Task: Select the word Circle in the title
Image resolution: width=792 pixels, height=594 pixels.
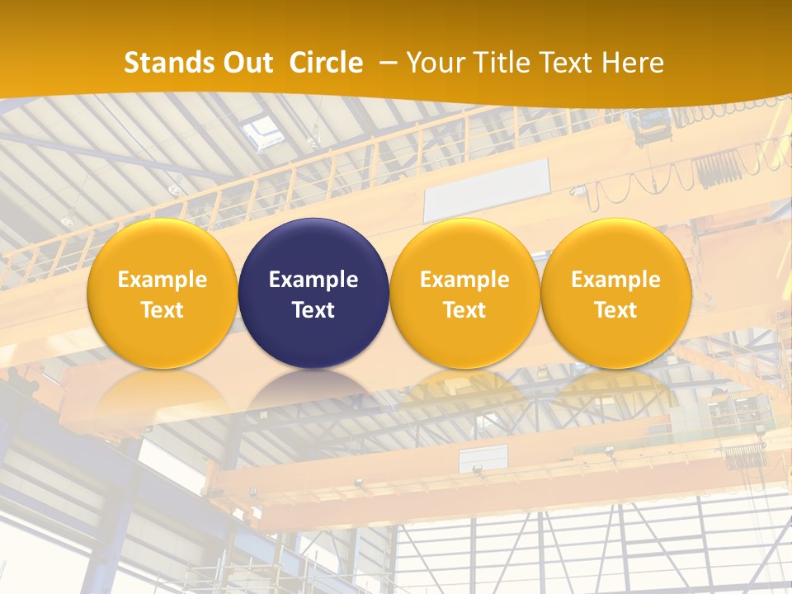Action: coord(326,63)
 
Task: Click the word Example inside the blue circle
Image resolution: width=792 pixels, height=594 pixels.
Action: coord(313,280)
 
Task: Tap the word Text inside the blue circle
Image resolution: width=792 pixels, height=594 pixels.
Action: coord(313,310)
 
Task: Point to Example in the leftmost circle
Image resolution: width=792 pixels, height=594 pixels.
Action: coord(162,280)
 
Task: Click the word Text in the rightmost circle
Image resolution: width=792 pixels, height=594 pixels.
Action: coord(615,310)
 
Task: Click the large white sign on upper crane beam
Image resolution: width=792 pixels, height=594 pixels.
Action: coord(487,190)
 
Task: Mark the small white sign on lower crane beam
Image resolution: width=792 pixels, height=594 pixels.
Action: coord(483,458)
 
